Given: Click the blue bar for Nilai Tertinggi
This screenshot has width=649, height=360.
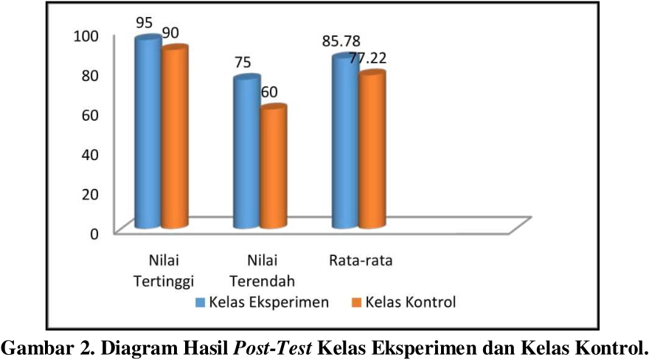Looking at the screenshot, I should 147,133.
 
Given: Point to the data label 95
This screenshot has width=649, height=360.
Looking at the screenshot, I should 145,23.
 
